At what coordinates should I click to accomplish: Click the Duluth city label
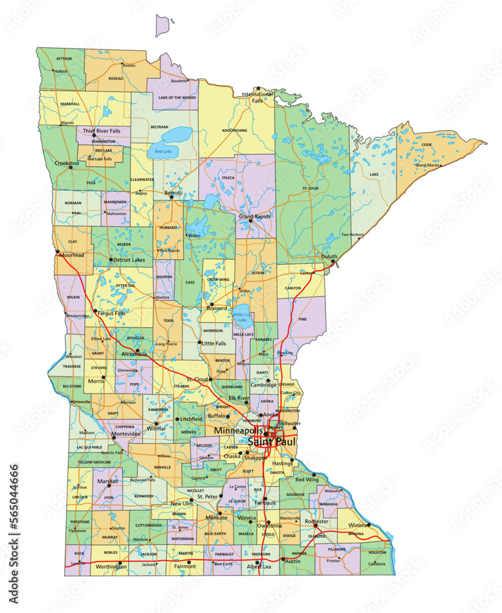click(329, 256)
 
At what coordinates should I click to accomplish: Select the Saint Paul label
click(272, 441)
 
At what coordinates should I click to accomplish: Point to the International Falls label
click(257, 97)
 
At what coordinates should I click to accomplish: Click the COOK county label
click(427, 145)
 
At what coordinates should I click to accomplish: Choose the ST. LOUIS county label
click(310, 188)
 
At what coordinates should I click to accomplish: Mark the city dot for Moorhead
click(56, 252)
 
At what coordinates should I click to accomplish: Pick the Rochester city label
click(317, 522)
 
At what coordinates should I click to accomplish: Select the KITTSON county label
click(64, 59)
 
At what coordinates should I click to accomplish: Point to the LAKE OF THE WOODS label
click(177, 97)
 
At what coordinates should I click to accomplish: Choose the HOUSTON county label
click(378, 552)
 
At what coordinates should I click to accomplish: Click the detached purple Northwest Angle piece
click(162, 26)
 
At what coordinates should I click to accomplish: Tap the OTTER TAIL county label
click(125, 286)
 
